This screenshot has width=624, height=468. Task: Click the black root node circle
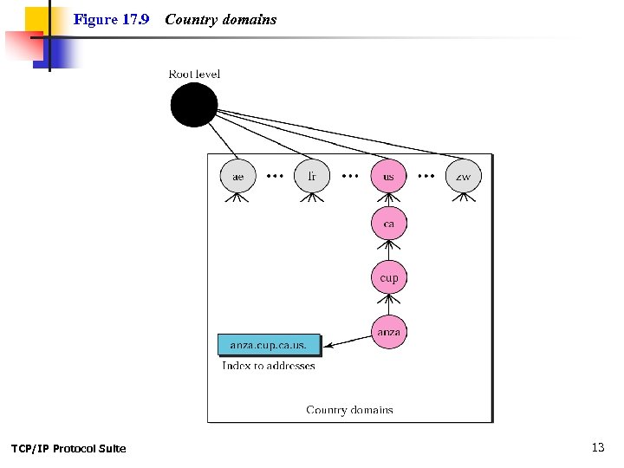(193, 105)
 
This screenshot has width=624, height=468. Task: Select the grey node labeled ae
(238, 177)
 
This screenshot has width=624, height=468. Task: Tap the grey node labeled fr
(312, 177)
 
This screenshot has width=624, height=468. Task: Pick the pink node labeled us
(388, 177)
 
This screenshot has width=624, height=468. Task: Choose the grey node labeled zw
(464, 177)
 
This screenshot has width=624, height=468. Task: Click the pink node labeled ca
(388, 224)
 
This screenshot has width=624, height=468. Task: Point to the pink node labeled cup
(388, 278)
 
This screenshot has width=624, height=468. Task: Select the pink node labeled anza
(388, 332)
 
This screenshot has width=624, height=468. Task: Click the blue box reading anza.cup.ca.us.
(269, 345)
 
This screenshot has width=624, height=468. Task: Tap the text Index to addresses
(269, 366)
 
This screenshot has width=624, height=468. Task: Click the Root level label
(194, 74)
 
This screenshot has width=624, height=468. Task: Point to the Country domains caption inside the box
(349, 410)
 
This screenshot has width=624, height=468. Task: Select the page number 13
(598, 447)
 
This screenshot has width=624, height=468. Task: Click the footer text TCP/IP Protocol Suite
(68, 448)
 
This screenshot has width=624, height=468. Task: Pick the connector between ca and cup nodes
(388, 251)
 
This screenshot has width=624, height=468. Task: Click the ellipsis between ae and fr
(275, 176)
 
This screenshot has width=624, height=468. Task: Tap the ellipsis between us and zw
(426, 176)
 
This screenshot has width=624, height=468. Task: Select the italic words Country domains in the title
(221, 19)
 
